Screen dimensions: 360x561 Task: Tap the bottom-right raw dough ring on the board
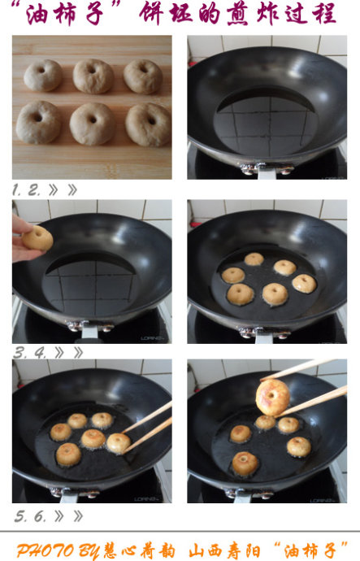pyautogui.click(x=148, y=125)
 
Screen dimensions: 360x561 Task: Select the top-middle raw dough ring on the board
pyautogui.click(x=93, y=76)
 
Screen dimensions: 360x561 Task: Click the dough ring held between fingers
pyautogui.click(x=37, y=237)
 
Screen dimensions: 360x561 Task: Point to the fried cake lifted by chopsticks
pyautogui.click(x=273, y=398)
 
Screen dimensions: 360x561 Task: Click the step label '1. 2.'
pyautogui.click(x=26, y=190)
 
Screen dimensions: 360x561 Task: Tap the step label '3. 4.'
pyautogui.click(x=30, y=353)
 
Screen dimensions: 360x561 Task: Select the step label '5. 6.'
pyautogui.click(x=30, y=516)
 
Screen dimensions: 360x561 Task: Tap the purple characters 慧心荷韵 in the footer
pyautogui.click(x=139, y=550)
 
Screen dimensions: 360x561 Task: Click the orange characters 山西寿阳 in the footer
pyautogui.click(x=224, y=550)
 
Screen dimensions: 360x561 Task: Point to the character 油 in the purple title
pyautogui.click(x=37, y=15)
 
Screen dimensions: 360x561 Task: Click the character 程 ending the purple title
pyautogui.click(x=323, y=14)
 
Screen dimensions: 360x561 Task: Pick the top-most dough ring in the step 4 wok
pyautogui.click(x=254, y=259)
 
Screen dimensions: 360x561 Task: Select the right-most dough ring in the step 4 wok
pyautogui.click(x=304, y=284)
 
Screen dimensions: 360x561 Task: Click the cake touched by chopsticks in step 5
pyautogui.click(x=119, y=443)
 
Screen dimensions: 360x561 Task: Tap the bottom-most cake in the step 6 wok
pyautogui.click(x=245, y=463)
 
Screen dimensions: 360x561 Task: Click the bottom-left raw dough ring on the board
pyautogui.click(x=38, y=122)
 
